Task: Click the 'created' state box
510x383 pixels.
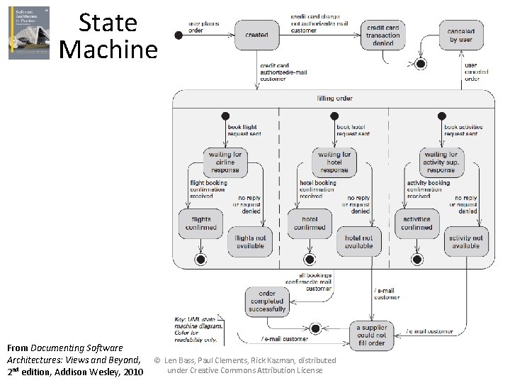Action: pyautogui.click(x=256, y=35)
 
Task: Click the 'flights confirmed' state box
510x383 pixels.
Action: pyautogui.click(x=200, y=223)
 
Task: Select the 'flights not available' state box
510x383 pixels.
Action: pyautogui.click(x=249, y=243)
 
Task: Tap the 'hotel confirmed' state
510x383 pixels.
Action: pyautogui.click(x=310, y=223)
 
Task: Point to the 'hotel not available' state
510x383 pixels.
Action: pyautogui.click(x=358, y=243)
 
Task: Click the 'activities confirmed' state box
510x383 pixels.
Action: pyautogui.click(x=416, y=223)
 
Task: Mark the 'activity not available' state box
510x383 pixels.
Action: pyautogui.click(x=465, y=243)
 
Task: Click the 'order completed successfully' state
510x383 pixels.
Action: pyautogui.click(x=267, y=301)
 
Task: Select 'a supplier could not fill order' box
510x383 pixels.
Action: pyautogui.click(x=371, y=335)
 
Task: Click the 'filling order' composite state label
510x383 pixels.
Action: pyautogui.click(x=334, y=98)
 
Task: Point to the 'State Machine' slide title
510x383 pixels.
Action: pyautogui.click(x=108, y=35)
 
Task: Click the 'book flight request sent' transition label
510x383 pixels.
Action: pyautogui.click(x=243, y=131)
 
